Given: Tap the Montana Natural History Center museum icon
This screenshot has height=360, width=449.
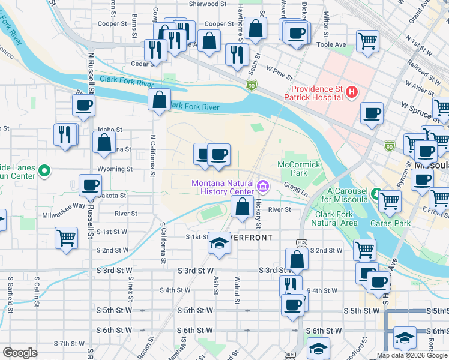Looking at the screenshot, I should click(x=263, y=184).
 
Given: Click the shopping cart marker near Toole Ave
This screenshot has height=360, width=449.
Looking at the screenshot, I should click(x=367, y=41).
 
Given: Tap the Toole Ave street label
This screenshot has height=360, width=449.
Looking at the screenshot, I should click(x=331, y=45).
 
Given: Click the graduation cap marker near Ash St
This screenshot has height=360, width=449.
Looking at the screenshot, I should click(x=218, y=243).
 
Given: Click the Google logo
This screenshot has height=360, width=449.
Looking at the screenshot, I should click(x=20, y=353).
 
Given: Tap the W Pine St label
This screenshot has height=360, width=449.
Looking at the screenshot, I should click(x=279, y=74).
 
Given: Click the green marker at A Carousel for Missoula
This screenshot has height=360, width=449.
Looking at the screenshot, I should click(x=376, y=194).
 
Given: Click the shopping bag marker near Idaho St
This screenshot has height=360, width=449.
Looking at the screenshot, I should click(x=104, y=142).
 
